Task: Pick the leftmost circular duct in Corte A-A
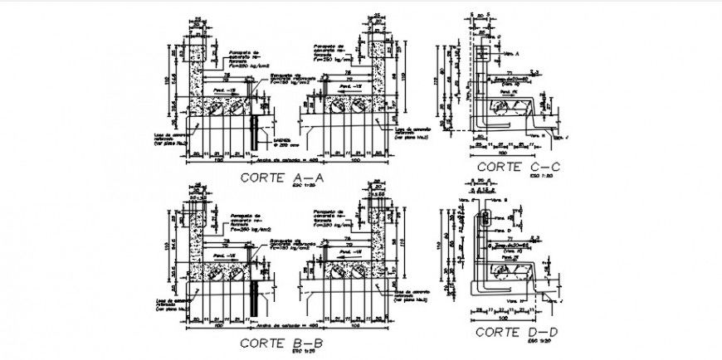pyautogui.click(x=215, y=108)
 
